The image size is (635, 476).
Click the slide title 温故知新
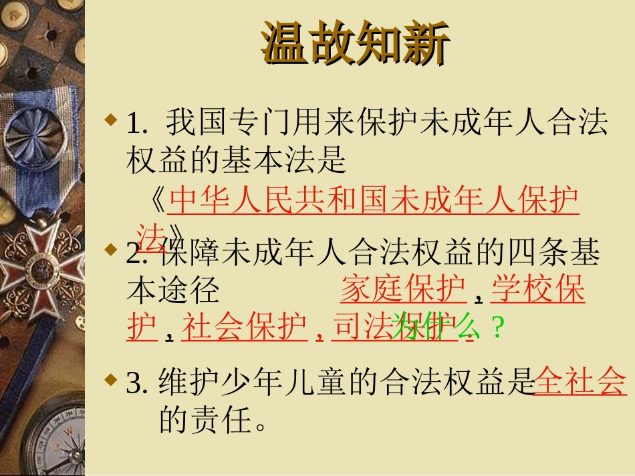[x=355, y=45]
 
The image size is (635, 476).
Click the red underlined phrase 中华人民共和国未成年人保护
[x=374, y=200]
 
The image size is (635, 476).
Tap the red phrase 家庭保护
[x=403, y=290]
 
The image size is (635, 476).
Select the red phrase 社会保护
[x=244, y=327]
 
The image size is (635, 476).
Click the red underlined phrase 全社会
[x=581, y=382]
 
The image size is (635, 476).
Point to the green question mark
[x=496, y=328]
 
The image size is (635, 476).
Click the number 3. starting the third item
[x=136, y=383]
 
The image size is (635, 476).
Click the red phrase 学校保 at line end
[x=539, y=290]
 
